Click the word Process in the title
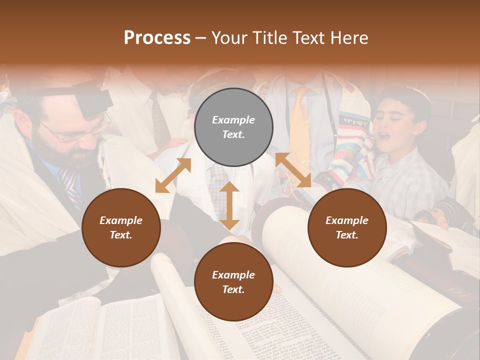click(157, 38)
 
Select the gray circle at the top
click(233, 127)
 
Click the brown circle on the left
click(121, 227)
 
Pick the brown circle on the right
click(347, 227)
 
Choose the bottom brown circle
click(233, 282)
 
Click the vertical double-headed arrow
click(229, 205)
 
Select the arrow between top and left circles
click(173, 175)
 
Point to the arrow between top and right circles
click(293, 170)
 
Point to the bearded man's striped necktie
click(69, 185)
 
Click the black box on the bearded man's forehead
click(95, 100)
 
